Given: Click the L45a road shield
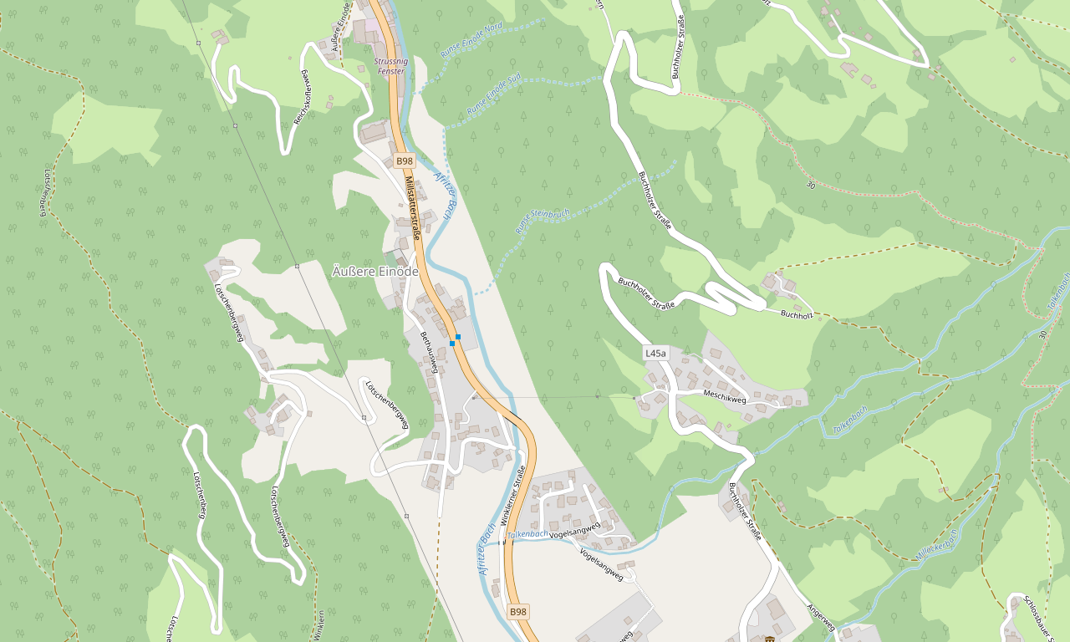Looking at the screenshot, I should tap(656, 354).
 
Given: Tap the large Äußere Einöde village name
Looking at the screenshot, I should tap(375, 271).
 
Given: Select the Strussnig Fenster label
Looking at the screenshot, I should tap(390, 66).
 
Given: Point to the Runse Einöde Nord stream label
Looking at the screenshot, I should tap(471, 40).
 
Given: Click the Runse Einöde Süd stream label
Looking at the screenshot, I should tap(493, 94).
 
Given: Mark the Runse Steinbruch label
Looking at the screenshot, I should tap(543, 221).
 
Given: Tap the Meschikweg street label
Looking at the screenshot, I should tap(724, 397).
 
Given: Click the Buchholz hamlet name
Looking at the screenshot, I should tap(797, 315).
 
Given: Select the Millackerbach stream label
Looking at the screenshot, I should tap(935, 545).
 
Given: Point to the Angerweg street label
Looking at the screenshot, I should tap(821, 616).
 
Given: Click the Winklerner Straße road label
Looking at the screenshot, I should tap(512, 496).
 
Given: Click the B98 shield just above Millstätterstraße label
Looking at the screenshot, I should tap(405, 160).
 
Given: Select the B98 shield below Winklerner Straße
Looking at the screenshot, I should tap(518, 612).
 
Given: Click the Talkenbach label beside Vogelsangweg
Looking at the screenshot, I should tap(527, 533).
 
